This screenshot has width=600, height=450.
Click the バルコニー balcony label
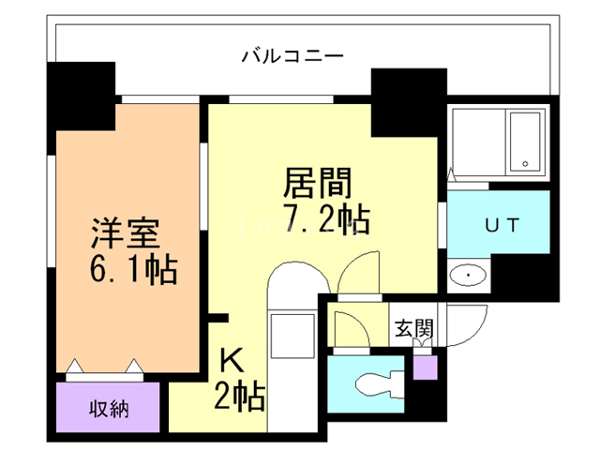pos(292,54)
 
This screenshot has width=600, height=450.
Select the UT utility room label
pos(498,225)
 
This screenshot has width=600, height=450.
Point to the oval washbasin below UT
pos(466,275)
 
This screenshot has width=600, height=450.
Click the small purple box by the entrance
pos(424,366)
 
